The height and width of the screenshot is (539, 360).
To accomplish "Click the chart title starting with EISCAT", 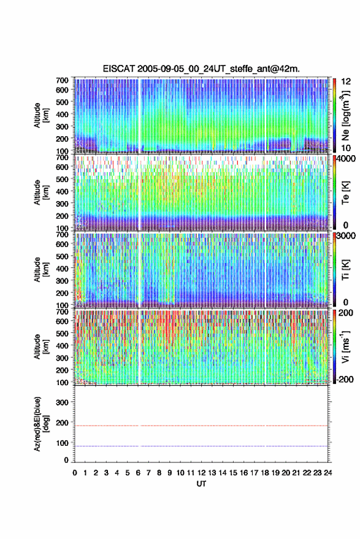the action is coord(201,69).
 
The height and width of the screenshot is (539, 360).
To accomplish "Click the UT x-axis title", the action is coord(201,484).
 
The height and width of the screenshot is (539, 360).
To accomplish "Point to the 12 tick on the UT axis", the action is coord(202,473).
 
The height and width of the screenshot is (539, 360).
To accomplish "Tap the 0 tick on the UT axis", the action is coord(75,473).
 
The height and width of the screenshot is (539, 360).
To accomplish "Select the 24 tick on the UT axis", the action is coord(327,473).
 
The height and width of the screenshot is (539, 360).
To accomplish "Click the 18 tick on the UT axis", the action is coord(265,473).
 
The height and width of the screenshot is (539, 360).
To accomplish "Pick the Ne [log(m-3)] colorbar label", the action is coord(345,115).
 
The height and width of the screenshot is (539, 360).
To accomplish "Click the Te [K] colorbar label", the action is coord(345,193).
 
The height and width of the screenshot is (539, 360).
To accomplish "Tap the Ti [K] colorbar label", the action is coord(345,270).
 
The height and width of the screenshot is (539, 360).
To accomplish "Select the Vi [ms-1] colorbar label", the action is coord(345,346).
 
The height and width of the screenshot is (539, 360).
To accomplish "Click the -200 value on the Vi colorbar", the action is coord(344,379).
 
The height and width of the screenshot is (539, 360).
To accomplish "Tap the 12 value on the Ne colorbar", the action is coord(346,82).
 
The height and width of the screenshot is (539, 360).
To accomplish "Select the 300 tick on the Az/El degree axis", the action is coord(62,402).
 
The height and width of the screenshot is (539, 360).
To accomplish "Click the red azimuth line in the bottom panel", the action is coord(201,426).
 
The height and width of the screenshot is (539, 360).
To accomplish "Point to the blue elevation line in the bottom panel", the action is coord(201,446).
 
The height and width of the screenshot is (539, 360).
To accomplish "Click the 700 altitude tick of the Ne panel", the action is coord(62,80).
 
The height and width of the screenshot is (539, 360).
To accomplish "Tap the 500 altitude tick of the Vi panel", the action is coord(62,333).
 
